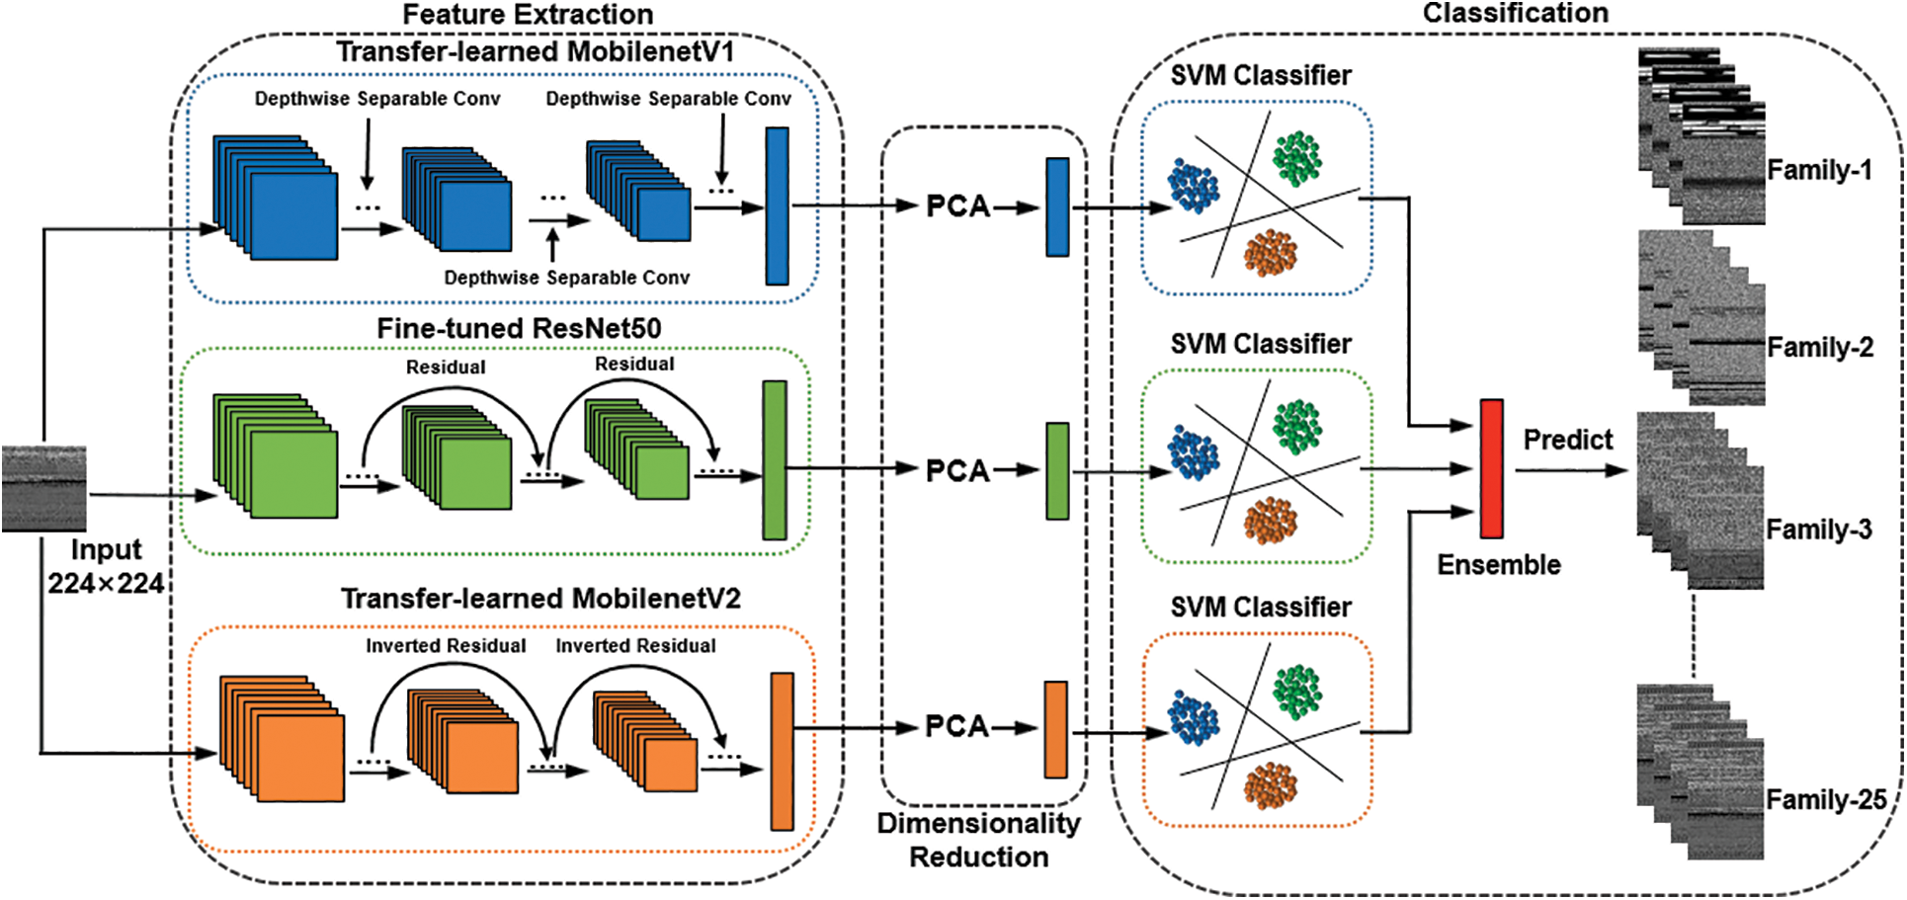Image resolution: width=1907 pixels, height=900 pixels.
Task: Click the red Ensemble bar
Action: tap(1491, 468)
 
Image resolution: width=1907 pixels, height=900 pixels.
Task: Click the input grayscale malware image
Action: tap(44, 488)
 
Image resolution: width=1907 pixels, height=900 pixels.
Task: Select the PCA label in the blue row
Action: tap(957, 206)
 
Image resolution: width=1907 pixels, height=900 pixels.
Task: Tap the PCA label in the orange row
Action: tap(956, 727)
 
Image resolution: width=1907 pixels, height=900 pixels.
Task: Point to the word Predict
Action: tap(1567, 440)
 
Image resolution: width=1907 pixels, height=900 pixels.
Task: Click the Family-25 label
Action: tap(1826, 799)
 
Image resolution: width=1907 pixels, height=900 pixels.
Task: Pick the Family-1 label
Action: tap(1819, 170)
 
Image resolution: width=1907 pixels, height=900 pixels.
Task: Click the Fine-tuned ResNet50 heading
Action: tap(519, 328)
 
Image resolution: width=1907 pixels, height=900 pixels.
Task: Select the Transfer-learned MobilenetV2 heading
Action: tap(540, 599)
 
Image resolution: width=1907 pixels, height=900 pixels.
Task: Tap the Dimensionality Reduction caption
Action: tap(978, 840)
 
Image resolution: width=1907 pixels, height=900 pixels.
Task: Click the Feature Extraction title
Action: tap(528, 14)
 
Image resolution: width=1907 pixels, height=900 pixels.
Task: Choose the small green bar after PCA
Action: tap(1057, 471)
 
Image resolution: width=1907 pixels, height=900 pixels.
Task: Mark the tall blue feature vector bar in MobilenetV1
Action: tap(778, 205)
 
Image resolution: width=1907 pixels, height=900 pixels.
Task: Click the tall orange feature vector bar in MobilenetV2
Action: tap(782, 751)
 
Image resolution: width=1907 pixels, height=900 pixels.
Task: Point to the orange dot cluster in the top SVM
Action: tap(1270, 252)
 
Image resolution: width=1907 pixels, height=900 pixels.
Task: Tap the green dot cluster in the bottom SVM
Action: tap(1296, 691)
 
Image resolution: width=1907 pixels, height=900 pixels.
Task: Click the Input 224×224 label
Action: tap(106, 566)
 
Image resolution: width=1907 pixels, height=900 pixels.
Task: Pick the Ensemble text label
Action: tap(1499, 565)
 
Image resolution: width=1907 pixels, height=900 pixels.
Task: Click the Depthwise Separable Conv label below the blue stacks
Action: tap(566, 278)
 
